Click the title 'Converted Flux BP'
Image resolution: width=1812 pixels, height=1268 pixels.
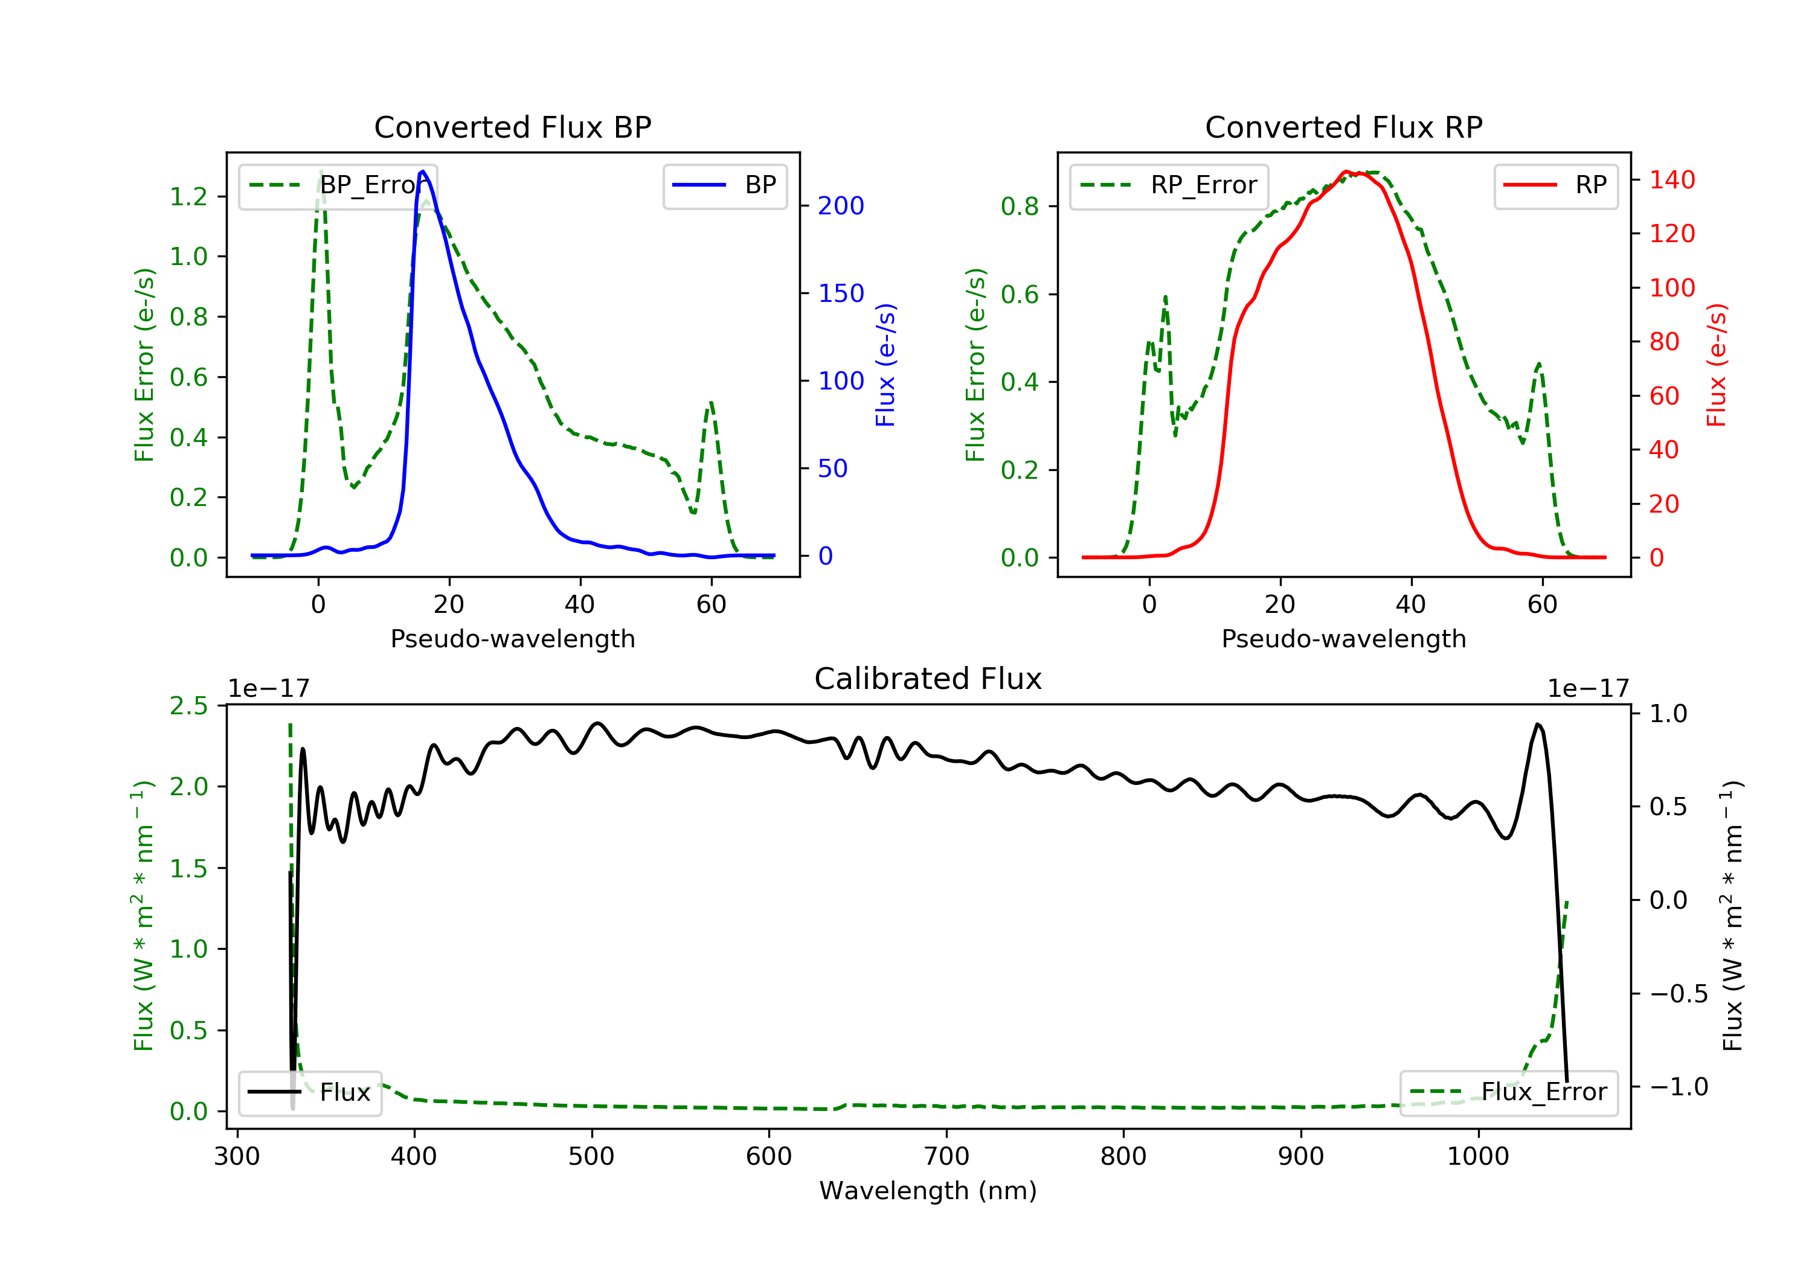pos(513,127)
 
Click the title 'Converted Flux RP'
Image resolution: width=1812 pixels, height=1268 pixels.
pos(1344,127)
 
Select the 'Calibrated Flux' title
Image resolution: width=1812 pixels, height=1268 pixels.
pos(928,679)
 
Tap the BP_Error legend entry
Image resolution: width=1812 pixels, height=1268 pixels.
pos(338,185)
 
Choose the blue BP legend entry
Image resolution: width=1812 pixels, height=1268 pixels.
pos(724,185)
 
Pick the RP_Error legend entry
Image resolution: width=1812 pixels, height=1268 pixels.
pos(1169,185)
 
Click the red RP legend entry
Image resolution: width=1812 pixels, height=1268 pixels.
pos(1555,185)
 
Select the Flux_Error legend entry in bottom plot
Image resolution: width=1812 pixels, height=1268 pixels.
pos(1508,1092)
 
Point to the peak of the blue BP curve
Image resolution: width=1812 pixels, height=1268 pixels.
pos(423,171)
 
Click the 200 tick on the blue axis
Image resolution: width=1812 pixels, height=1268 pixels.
pos(841,206)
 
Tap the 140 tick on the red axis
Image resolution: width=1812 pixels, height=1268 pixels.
pos(1671,180)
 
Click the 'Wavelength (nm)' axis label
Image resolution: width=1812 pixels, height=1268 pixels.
pos(928,1191)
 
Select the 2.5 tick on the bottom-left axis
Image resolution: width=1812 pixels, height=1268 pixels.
pos(190,705)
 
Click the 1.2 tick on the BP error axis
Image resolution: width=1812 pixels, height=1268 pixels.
pos(190,196)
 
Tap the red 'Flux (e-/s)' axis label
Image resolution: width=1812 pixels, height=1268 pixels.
pos(1717,365)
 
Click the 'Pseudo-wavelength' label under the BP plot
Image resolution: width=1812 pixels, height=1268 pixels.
pos(513,638)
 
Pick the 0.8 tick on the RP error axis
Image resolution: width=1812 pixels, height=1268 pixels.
pos(1020,207)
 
